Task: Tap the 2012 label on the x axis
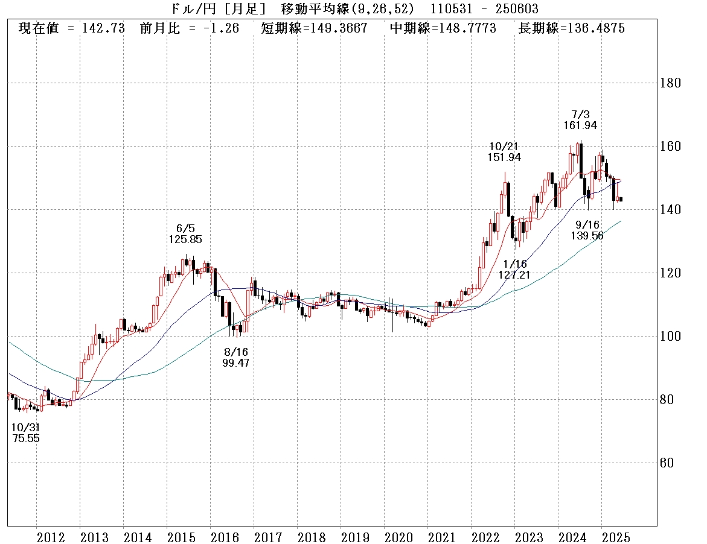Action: (x=51, y=537)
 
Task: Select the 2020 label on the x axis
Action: (x=398, y=537)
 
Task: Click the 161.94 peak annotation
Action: (x=576, y=125)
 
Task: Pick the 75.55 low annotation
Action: (x=25, y=438)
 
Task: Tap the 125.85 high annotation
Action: (x=185, y=239)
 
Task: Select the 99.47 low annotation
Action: (x=235, y=363)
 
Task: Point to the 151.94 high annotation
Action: (x=504, y=157)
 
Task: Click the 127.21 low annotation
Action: (x=514, y=274)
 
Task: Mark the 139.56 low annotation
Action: (x=587, y=236)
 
